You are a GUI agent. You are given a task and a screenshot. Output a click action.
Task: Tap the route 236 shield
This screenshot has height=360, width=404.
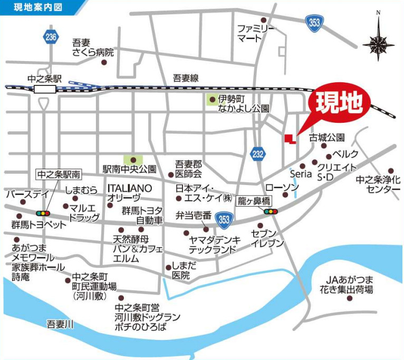(51, 37)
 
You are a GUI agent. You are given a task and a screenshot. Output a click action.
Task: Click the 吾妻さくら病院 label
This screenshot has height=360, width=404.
(93, 47)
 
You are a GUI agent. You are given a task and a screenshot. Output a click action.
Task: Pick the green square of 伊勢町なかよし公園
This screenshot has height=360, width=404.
(213, 99)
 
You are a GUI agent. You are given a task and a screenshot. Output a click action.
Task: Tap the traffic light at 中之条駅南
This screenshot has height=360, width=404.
(42, 213)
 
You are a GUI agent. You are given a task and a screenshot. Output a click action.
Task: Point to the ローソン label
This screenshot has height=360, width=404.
(282, 187)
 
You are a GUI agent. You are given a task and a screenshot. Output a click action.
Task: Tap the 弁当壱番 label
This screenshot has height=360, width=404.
(194, 215)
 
